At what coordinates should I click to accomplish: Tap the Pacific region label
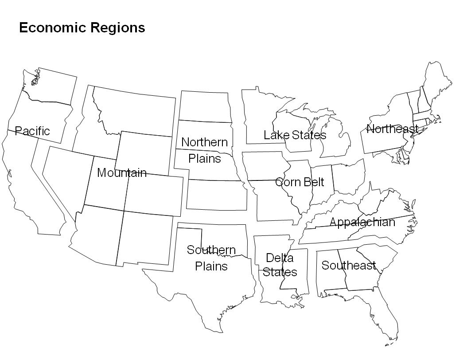pyautogui.click(x=32, y=131)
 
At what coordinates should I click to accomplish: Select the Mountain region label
pyautogui.click(x=122, y=173)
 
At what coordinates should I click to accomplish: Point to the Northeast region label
pyautogui.click(x=392, y=129)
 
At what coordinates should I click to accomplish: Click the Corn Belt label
pyautogui.click(x=300, y=182)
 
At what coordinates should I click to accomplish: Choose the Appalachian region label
pyautogui.click(x=362, y=222)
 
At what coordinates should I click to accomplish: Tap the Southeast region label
pyautogui.click(x=349, y=266)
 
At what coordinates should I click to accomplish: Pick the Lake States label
pyautogui.click(x=295, y=135)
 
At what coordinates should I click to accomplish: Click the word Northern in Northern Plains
pyautogui.click(x=204, y=142)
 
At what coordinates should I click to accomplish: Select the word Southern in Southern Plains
pyautogui.click(x=211, y=250)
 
